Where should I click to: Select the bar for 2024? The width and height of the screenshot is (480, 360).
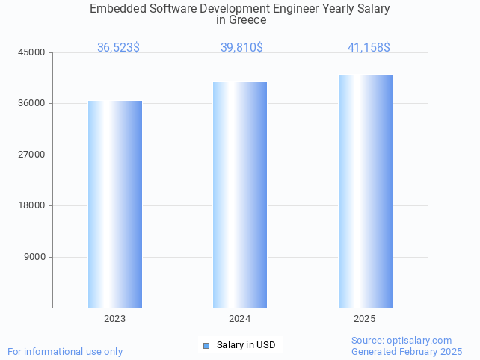point(240,195)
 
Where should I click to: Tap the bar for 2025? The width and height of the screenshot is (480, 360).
point(365,191)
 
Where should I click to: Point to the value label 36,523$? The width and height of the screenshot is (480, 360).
point(118,48)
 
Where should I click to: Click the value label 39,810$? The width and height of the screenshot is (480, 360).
point(241,48)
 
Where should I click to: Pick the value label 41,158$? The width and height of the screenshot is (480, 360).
point(369,48)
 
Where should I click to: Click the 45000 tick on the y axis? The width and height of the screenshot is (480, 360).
point(32,52)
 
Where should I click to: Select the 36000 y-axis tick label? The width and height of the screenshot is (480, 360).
point(32,104)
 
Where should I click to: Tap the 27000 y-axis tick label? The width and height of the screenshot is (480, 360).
point(32,155)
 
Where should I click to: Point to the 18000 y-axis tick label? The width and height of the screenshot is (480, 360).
point(32,206)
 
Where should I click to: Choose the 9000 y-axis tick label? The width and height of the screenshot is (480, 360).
point(35,257)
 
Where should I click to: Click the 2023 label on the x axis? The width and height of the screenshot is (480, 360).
point(115,319)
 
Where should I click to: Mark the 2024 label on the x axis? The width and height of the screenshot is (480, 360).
point(240,319)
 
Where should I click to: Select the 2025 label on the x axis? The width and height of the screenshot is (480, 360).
point(365,319)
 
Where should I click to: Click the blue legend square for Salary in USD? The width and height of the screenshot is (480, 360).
point(206,345)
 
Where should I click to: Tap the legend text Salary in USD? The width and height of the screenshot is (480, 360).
point(246,345)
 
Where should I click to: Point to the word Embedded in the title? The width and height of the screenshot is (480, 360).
point(117,8)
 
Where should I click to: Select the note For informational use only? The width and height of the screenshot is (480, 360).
point(65,351)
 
